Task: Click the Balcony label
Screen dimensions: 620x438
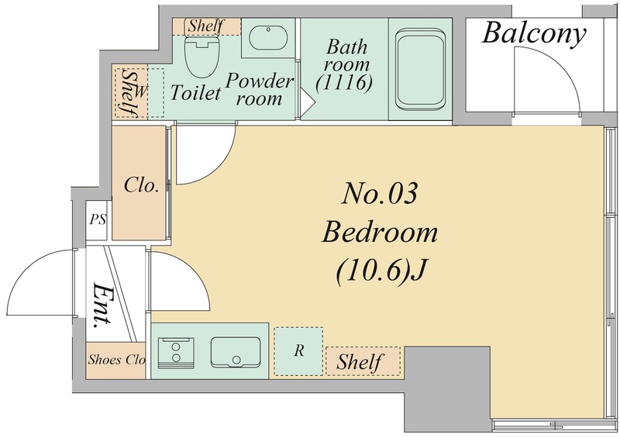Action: (534, 33)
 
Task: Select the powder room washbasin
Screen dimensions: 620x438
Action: (268, 38)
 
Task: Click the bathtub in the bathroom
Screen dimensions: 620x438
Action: (419, 70)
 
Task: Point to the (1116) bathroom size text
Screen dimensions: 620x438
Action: (344, 83)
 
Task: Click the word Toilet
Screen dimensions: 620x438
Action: (195, 92)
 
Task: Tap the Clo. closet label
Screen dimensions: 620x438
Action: (141, 185)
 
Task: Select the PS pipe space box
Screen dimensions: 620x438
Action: (97, 220)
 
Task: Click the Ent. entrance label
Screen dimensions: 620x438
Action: (102, 305)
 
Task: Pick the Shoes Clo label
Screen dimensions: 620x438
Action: (117, 360)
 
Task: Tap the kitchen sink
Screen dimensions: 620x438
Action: (236, 353)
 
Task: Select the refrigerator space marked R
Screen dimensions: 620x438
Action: (298, 351)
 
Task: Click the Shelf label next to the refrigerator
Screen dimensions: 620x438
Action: (360, 362)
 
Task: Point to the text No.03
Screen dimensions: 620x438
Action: (380, 194)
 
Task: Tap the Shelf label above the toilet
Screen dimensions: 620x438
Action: (206, 26)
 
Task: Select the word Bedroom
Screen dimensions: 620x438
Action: (380, 233)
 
